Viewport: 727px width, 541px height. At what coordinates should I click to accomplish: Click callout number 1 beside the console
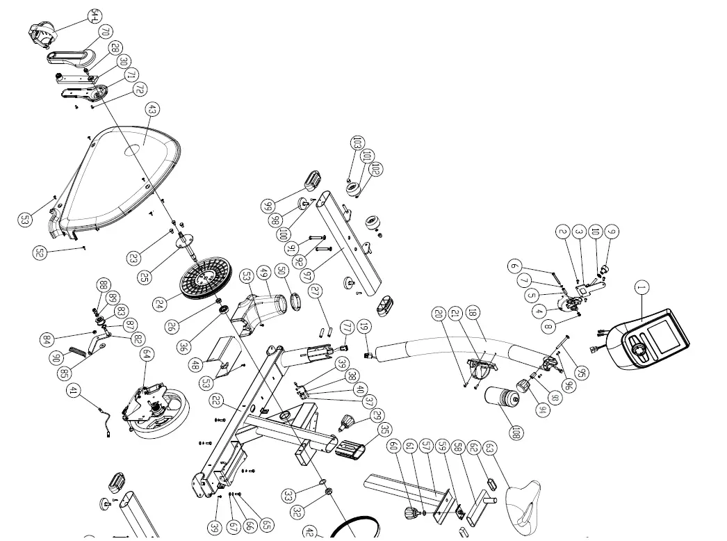[642, 287]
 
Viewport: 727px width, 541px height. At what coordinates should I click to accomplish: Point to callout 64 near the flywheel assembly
[147, 354]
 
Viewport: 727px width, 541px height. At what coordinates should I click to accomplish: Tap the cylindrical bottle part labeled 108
[501, 399]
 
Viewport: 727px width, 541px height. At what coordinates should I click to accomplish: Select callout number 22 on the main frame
[216, 401]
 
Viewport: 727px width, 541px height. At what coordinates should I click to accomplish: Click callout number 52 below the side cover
[40, 253]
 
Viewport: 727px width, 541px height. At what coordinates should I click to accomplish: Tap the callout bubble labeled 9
[612, 232]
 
